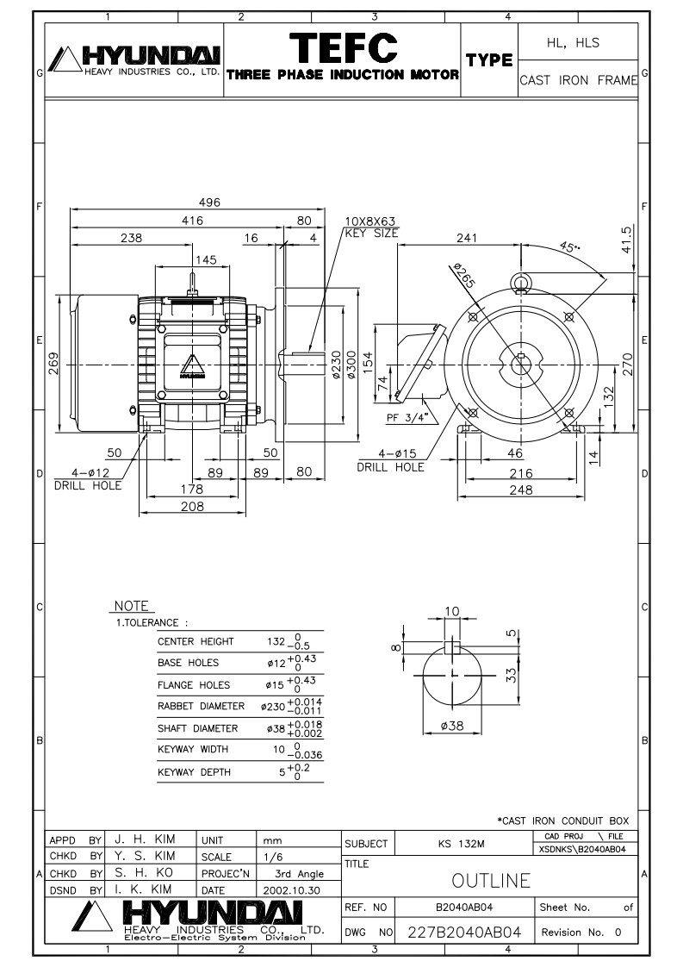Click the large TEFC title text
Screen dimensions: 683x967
click(343, 48)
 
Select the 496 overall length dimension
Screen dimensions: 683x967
click(209, 203)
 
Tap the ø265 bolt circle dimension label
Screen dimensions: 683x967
click(464, 275)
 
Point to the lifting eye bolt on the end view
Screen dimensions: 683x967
click(521, 283)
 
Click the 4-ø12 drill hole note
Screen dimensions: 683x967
click(88, 479)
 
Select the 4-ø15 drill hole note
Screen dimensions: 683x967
click(391, 461)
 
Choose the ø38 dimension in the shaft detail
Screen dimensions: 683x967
click(452, 726)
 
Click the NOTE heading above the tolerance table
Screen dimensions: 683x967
click(131, 606)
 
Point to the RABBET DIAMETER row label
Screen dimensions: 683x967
click(201, 706)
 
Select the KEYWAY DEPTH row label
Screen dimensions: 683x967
click(194, 772)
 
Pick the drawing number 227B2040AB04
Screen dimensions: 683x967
click(465, 932)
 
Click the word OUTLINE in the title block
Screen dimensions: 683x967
click(491, 880)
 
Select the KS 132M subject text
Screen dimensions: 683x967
click(462, 844)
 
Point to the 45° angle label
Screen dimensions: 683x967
click(571, 246)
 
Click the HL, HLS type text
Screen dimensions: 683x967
click(574, 42)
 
